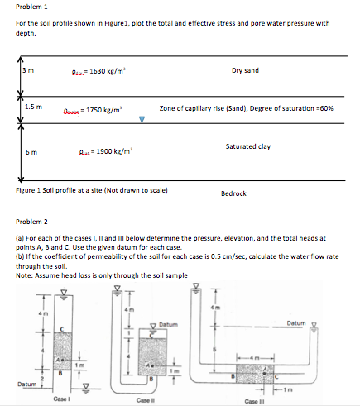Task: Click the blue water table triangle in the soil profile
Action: [142, 118]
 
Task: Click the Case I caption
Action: [58, 399]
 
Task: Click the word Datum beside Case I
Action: [26, 383]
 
